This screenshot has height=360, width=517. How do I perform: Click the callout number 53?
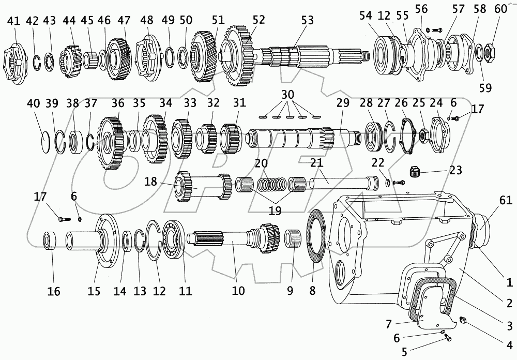[308, 20]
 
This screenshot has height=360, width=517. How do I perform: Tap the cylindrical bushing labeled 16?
[50, 242]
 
